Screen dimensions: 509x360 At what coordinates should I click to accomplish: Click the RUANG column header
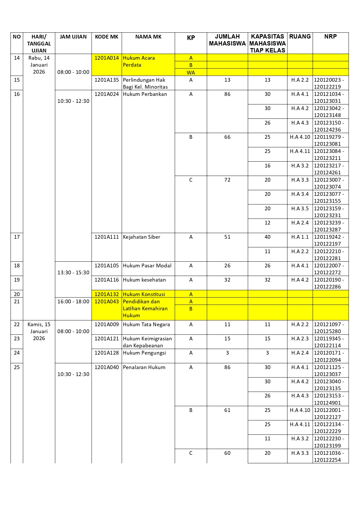pos(300,37)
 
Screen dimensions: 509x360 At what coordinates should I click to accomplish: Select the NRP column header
pos(330,37)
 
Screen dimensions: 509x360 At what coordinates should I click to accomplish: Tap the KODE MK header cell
pos(107,37)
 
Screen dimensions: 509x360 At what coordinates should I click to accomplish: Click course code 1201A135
pos(107,80)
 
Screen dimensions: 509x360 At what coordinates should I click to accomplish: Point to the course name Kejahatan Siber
pos(141,237)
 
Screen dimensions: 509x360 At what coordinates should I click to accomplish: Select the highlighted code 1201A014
pos(107,58)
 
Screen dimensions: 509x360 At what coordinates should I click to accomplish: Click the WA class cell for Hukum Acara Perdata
pos(191,72)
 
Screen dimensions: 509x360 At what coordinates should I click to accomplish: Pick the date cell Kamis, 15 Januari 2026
pos(39,331)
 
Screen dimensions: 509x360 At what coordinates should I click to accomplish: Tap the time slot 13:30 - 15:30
pos(73,273)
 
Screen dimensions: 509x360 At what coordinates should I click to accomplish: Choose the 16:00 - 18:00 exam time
pos(73,302)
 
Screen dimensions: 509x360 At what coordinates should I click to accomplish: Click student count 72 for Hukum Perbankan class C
pos(227,180)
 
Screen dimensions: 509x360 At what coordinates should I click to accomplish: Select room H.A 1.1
pos(300,237)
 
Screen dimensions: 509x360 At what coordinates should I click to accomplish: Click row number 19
pos(17,280)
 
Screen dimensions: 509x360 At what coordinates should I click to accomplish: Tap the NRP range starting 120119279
pos(329,140)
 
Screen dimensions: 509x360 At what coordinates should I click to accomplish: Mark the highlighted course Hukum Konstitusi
pos(144,294)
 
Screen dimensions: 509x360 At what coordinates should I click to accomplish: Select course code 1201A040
pos(107,367)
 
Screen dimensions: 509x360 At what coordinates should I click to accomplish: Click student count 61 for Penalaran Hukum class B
pos(227,410)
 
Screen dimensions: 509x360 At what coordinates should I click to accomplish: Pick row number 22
pos(17,324)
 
